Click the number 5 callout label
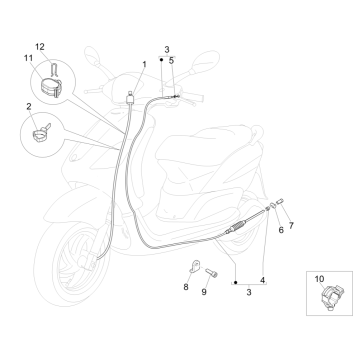172,61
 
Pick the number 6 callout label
253,229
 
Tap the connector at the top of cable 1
132,96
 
